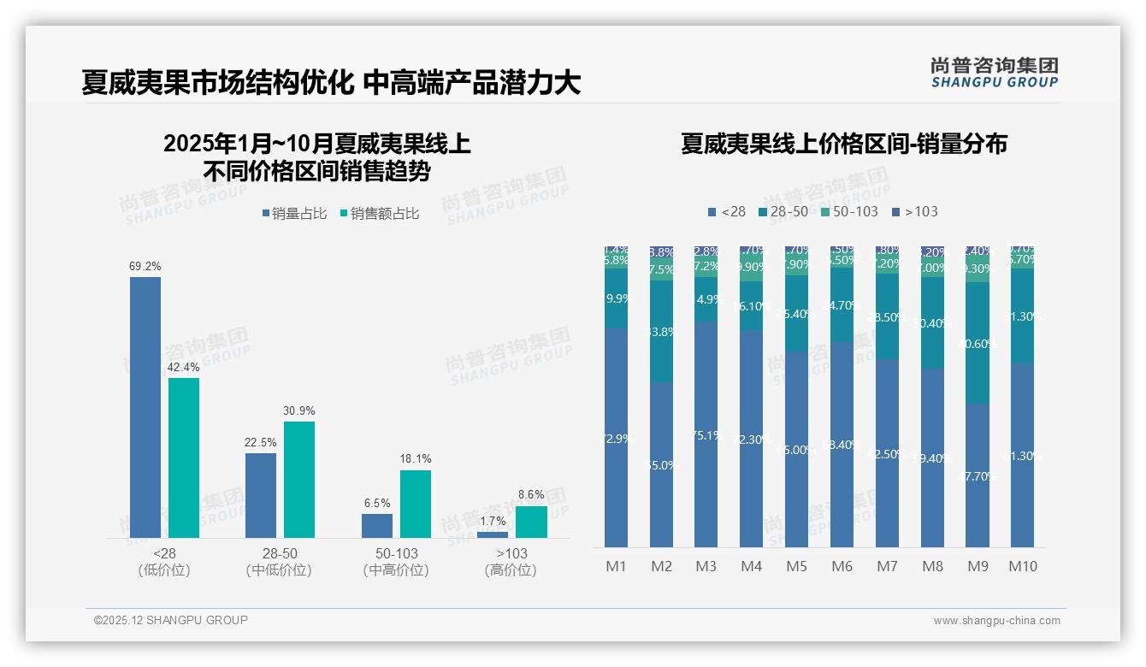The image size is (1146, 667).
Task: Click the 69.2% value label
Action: click(145, 267)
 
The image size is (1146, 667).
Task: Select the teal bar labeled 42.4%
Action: click(184, 457)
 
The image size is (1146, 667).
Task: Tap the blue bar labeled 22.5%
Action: click(261, 495)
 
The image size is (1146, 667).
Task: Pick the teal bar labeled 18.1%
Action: click(416, 504)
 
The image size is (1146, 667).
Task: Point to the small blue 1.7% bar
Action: click(493, 534)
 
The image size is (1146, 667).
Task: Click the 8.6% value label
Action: click(531, 494)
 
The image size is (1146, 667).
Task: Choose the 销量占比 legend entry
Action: click(295, 214)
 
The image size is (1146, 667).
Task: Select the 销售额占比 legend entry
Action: click(380, 214)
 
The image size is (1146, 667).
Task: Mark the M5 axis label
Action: click(796, 566)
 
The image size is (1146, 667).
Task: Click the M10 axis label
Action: click(1023, 566)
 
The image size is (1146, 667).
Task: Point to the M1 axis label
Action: click(617, 566)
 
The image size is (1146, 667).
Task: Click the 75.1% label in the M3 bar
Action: click(706, 435)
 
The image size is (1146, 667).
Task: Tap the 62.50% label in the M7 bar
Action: click(887, 454)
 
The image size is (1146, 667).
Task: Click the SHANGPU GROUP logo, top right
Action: click(994, 72)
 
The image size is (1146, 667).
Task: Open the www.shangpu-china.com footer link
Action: click(996, 621)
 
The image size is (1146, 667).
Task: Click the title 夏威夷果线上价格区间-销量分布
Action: click(843, 144)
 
